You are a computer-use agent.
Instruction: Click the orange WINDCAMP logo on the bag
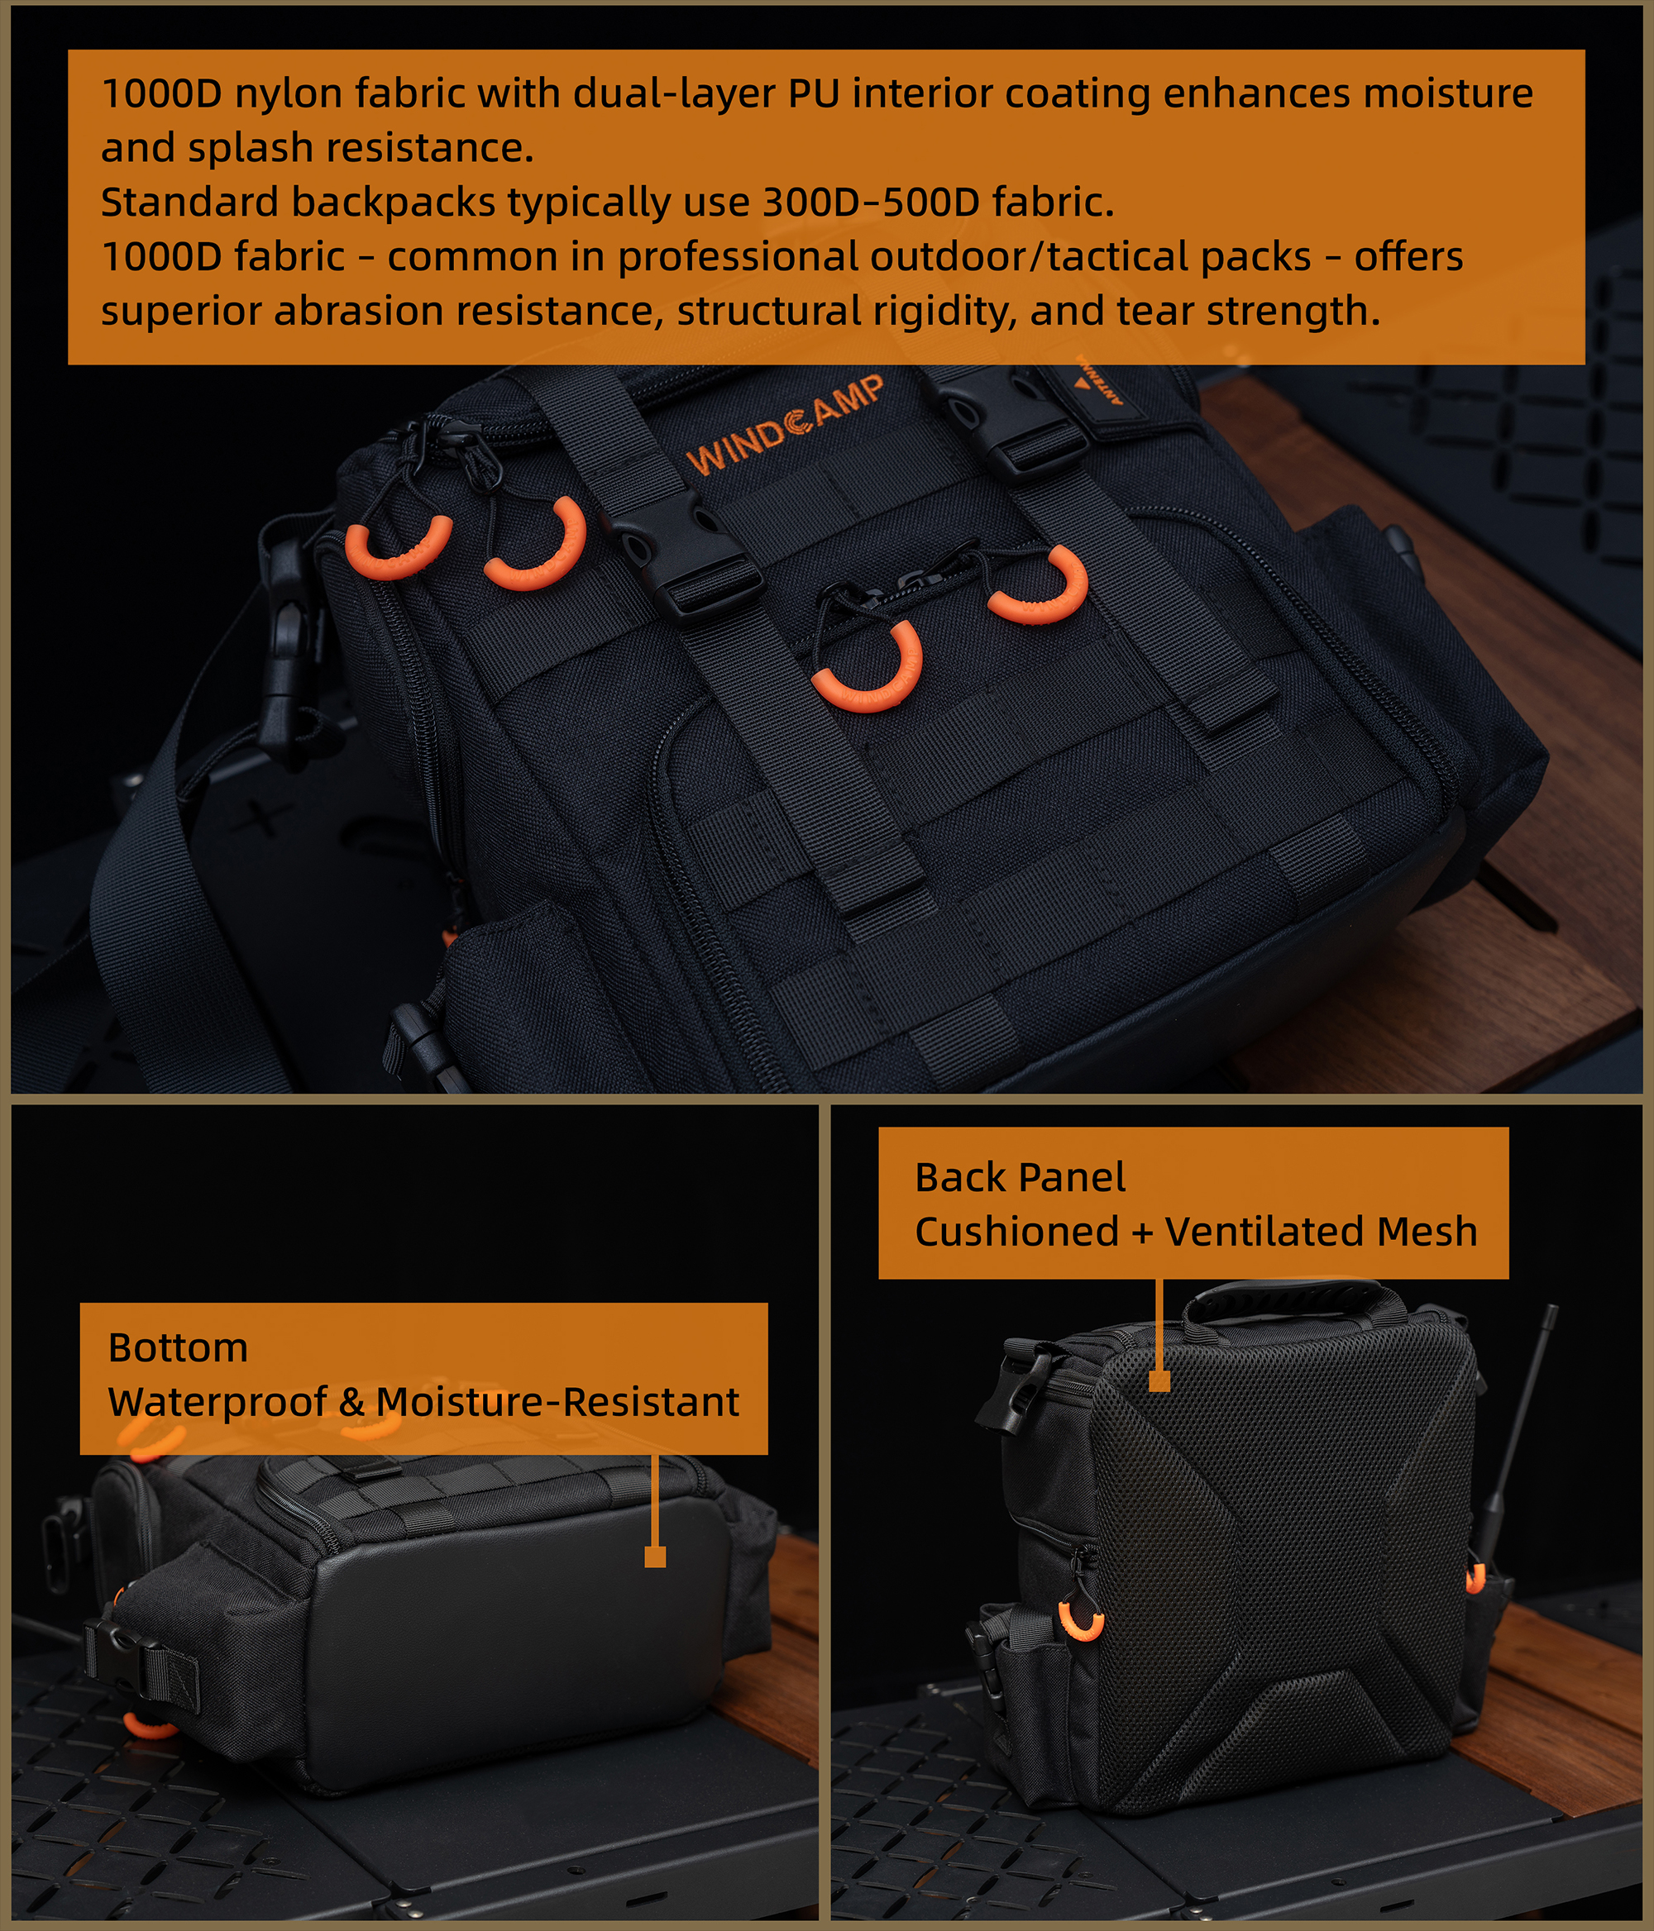785,425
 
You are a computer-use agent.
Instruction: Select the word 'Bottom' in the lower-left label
178,1347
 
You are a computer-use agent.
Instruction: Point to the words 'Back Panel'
1020,1177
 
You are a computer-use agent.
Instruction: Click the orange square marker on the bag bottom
656,1557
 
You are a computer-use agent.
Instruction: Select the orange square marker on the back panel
1159,1380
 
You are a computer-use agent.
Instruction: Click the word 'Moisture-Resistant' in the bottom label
557,1403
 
